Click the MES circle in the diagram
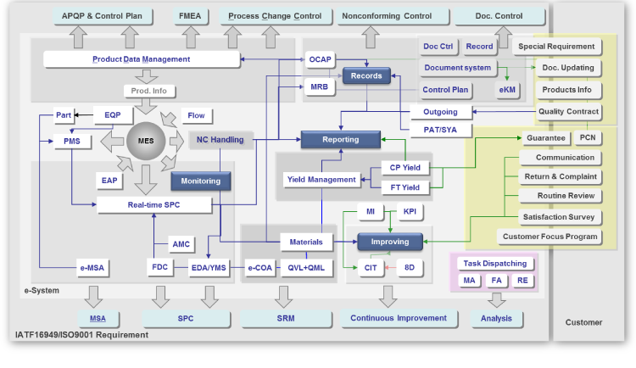[x=147, y=141]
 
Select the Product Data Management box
[x=140, y=59]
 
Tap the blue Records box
[x=365, y=76]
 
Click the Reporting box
[x=340, y=139]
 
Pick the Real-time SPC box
[x=153, y=204]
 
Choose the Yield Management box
[x=321, y=180]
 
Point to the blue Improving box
[x=389, y=242]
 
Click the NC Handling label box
[x=220, y=140]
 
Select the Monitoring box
[x=200, y=181]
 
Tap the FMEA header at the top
[x=188, y=15]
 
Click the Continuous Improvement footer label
[x=399, y=318]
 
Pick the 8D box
[x=410, y=267]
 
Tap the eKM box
[x=508, y=89]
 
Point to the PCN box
[x=588, y=137]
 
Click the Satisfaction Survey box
[x=560, y=217]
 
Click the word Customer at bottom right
[x=583, y=322]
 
